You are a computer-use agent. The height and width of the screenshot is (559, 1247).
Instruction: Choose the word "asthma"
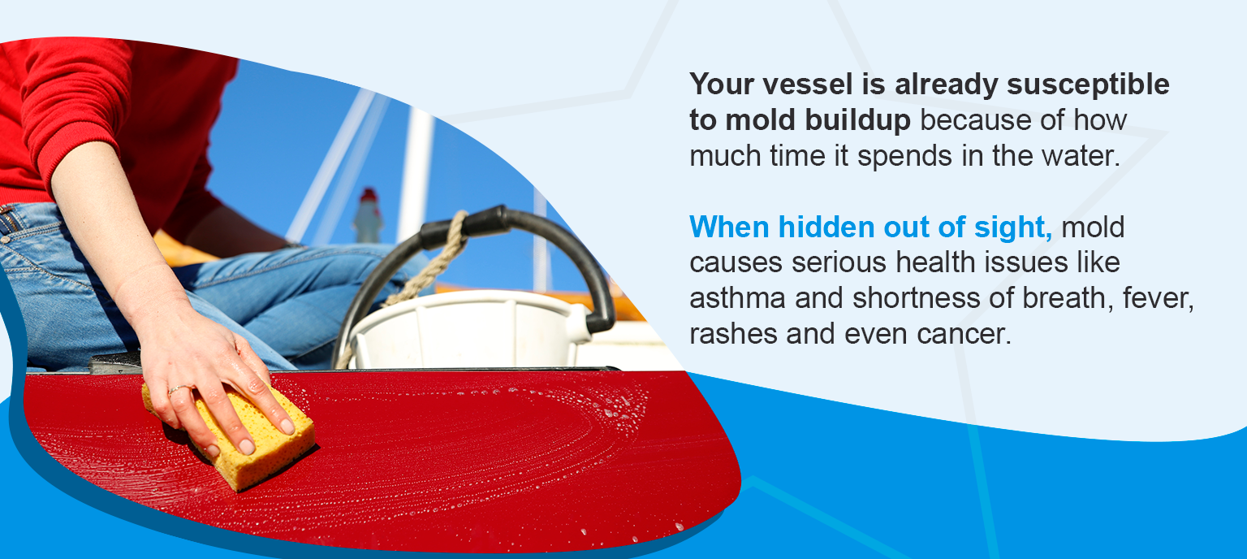pyautogui.click(x=737, y=299)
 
